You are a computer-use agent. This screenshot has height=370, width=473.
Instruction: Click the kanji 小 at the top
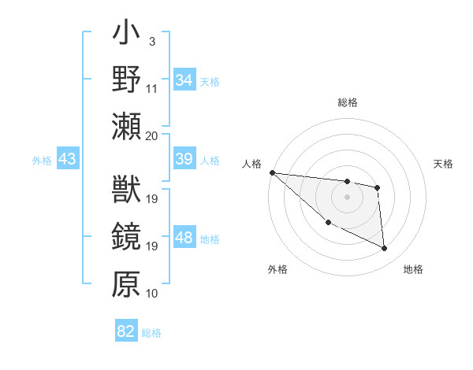coord(126,36)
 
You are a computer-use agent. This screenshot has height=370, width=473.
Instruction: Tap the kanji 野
coord(126,80)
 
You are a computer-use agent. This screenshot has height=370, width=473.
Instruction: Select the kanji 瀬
coord(126,126)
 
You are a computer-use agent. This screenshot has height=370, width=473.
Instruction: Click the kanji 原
coord(126,284)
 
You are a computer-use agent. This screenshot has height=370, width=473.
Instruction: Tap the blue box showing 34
coord(184,80)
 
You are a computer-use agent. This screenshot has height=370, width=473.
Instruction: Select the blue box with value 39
coord(184,159)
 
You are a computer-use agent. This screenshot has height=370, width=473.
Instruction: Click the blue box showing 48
coord(184,238)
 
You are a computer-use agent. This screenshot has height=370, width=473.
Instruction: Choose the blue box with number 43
coord(67,159)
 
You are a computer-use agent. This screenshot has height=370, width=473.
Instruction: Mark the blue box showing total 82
coord(125,331)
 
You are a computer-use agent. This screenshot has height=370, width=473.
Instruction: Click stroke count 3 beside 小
coord(151,41)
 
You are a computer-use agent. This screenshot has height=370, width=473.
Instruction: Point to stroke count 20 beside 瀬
coord(152,135)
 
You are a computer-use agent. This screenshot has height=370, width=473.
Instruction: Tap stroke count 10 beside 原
coord(152,294)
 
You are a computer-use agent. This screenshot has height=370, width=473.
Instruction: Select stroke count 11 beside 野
coord(152,89)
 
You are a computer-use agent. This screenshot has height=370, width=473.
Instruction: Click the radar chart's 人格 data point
coord(272,172)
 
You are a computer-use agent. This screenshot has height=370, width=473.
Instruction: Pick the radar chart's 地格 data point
coord(385,249)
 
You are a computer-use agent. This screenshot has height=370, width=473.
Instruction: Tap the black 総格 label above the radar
coord(347,102)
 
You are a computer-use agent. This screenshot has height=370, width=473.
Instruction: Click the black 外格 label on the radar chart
coord(277,269)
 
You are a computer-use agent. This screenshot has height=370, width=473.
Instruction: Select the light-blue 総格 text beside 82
coord(151,333)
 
